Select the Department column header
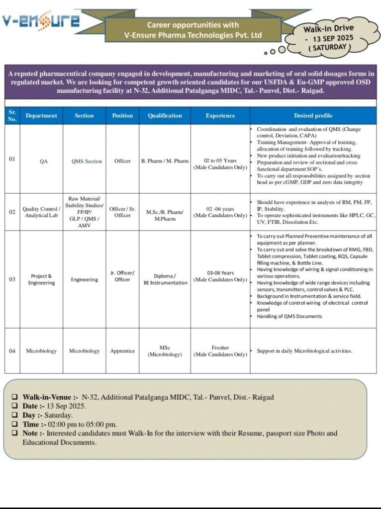click(41, 116)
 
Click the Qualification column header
click(165, 116)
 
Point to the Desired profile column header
click(313, 116)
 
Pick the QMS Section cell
click(87, 161)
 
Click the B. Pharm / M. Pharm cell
click(165, 161)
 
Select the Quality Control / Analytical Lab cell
click(41, 212)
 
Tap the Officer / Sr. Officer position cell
click(122, 212)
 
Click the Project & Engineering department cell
click(41, 279)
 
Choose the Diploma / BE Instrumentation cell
click(165, 279)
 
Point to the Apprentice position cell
click(122, 351)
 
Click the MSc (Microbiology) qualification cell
click(165, 351)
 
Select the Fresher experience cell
click(220, 351)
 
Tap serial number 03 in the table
click(12, 279)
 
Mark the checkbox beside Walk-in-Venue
click(15, 397)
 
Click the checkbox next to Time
click(15, 424)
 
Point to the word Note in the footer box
click(32, 433)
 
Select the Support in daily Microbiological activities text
click(304, 351)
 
